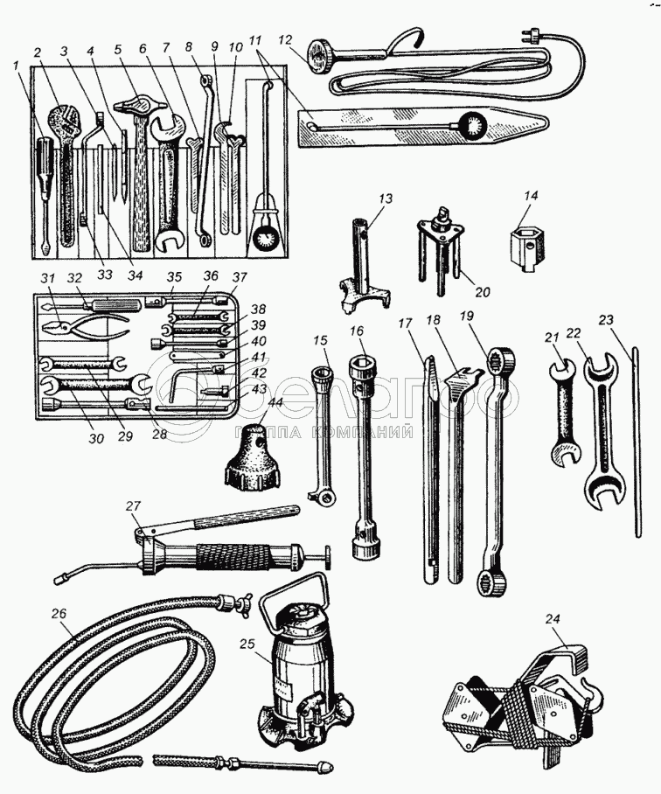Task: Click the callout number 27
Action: click(x=132, y=505)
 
